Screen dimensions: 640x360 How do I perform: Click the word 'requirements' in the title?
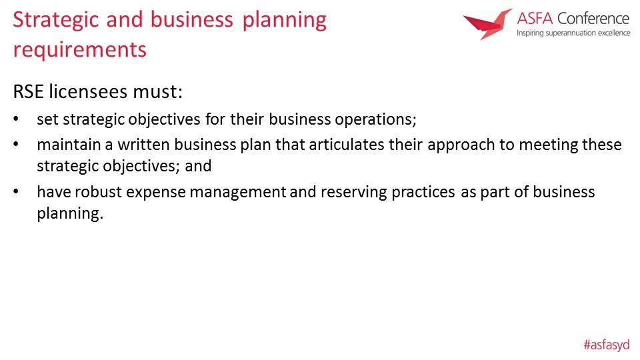point(79,50)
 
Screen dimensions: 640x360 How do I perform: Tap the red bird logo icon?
point(487,24)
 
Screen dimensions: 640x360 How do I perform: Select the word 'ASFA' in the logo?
point(535,19)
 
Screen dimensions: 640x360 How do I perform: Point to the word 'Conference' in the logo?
point(593,19)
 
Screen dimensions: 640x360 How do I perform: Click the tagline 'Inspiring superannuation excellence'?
point(573,33)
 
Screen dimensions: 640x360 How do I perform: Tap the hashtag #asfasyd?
point(607,345)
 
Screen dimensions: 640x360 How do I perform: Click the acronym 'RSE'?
point(28,91)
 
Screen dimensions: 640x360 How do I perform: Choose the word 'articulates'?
point(346,145)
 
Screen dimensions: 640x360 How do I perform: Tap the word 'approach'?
point(461,145)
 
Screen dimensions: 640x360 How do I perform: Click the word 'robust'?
point(98,192)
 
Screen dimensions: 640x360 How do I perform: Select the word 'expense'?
point(156,193)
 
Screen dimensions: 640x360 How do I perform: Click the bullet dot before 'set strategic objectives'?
point(16,119)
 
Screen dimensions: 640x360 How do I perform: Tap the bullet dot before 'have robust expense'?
point(16,191)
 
